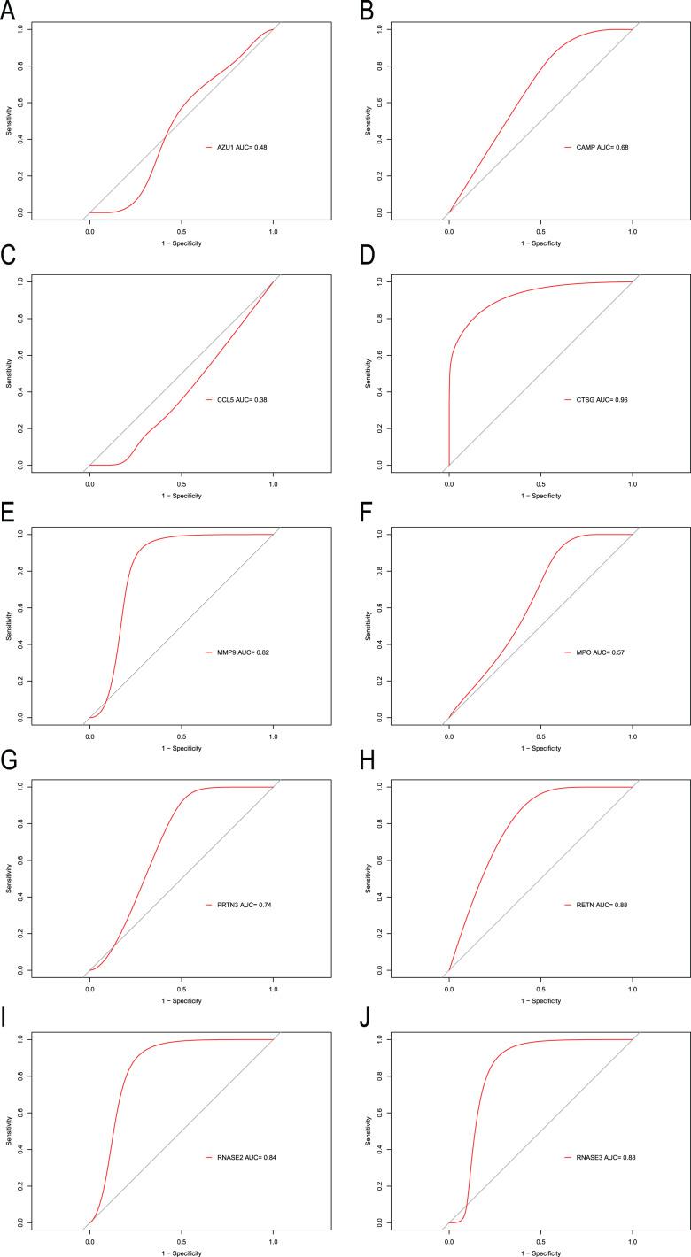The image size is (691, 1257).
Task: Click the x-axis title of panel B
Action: click(x=540, y=243)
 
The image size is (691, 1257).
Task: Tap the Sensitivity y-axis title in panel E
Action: click(x=10, y=625)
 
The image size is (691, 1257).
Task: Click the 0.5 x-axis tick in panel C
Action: click(x=181, y=483)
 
